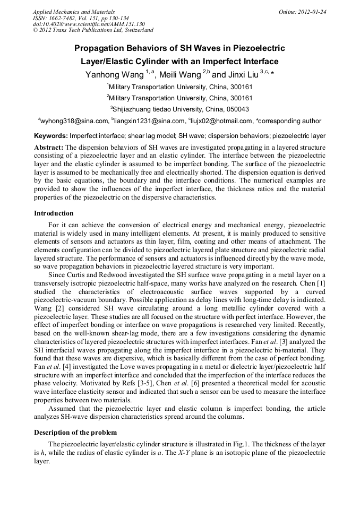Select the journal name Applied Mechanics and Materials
point(74,12)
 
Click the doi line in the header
point(89,24)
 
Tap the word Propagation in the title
point(103,48)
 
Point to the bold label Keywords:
point(51,136)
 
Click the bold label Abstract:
point(49,146)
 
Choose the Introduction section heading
point(54,213)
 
